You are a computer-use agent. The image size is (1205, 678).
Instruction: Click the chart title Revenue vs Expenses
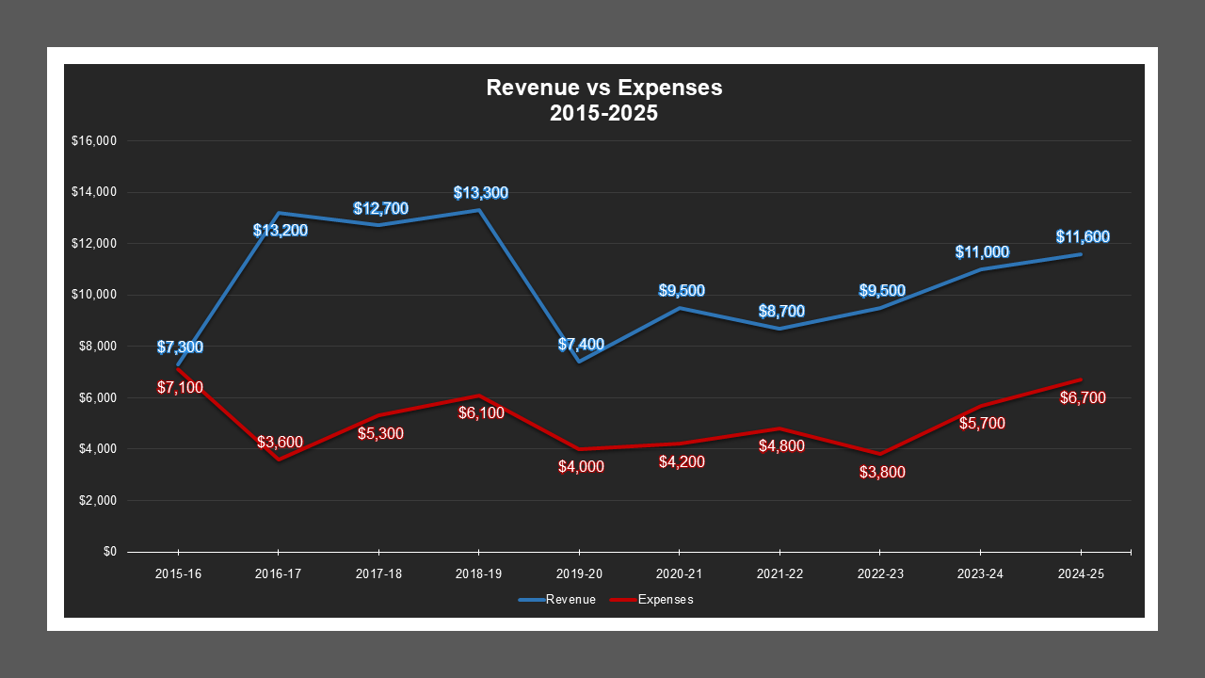click(603, 88)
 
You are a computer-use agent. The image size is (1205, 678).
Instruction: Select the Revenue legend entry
click(556, 600)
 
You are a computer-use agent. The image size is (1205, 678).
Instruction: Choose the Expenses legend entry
click(651, 600)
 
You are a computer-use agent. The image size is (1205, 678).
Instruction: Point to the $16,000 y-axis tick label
click(93, 141)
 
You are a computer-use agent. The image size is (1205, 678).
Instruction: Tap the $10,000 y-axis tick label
click(93, 295)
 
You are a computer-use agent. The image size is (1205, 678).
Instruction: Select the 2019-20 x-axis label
click(579, 573)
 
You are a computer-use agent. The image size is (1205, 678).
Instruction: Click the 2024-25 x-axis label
click(1081, 573)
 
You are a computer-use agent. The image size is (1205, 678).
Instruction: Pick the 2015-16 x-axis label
click(177, 573)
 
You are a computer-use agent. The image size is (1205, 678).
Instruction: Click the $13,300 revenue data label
click(480, 193)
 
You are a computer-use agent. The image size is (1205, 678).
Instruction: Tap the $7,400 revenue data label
click(581, 345)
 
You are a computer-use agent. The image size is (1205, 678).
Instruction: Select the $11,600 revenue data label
click(1082, 237)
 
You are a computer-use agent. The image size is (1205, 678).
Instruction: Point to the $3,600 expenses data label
click(280, 442)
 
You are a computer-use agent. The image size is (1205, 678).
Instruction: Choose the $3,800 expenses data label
click(882, 473)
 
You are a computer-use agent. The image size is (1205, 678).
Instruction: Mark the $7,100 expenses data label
click(179, 387)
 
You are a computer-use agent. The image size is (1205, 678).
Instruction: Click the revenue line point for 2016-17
click(279, 213)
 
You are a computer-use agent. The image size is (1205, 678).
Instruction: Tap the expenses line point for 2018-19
click(478, 395)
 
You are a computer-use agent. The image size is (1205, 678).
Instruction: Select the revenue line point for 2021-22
click(779, 328)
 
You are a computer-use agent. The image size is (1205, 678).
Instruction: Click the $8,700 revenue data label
click(781, 311)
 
